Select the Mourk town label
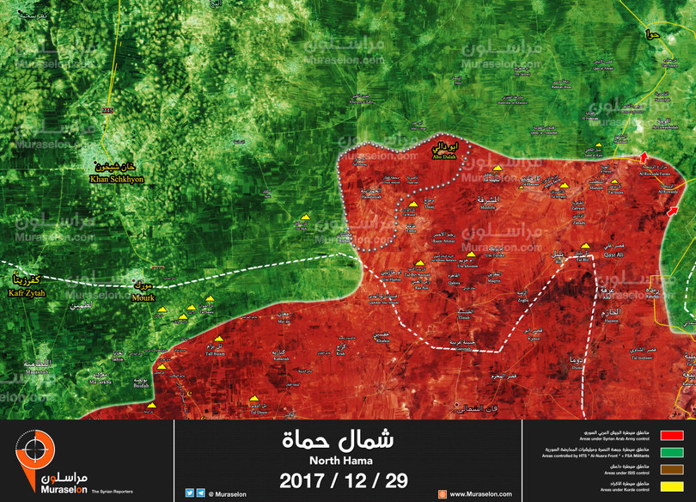tap(143, 298)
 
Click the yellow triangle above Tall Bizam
tap(218, 339)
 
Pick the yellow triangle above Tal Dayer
tap(254, 401)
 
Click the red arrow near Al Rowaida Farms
tap(645, 156)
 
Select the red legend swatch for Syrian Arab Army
tap(672, 436)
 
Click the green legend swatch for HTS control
tap(672, 453)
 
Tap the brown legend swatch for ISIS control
tap(672, 469)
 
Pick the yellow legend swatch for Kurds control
tap(672, 487)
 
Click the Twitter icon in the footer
tap(189, 493)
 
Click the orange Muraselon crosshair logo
tap(34, 451)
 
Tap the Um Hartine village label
tap(389, 280)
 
